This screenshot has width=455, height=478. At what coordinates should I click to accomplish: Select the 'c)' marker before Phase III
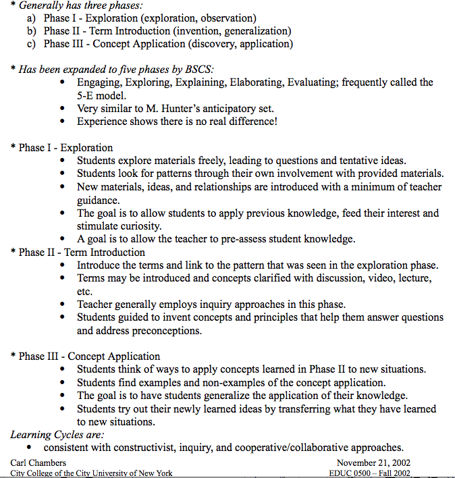(31, 44)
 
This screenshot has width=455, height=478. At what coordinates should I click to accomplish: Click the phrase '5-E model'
(101, 95)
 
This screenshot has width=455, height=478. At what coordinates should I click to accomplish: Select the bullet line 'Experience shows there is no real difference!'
(177, 122)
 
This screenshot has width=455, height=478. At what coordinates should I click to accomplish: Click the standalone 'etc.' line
(85, 291)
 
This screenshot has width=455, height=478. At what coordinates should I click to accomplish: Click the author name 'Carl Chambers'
(38, 462)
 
